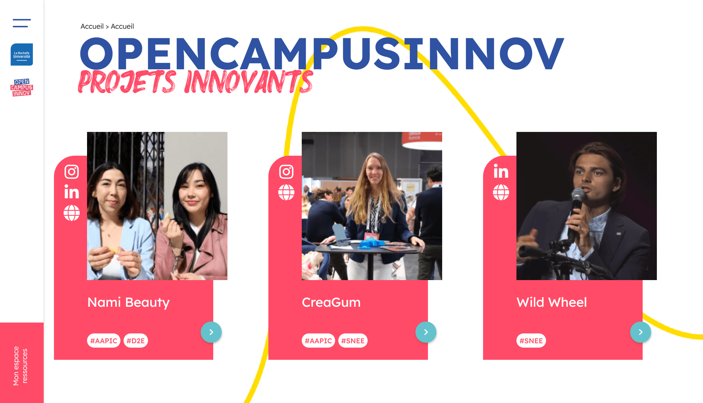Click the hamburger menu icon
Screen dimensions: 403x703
[x=22, y=23]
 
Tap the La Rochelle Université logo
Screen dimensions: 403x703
[x=22, y=55]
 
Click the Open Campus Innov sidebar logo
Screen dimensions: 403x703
[x=22, y=87]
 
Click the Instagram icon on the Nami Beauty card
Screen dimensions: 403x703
[x=72, y=172]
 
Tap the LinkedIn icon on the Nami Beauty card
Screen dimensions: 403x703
[x=72, y=192]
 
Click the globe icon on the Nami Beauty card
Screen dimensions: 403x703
[x=72, y=213]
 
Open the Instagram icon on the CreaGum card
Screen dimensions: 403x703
[x=286, y=172]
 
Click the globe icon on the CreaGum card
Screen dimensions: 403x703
[x=286, y=192]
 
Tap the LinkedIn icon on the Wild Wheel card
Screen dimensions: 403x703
[x=501, y=171]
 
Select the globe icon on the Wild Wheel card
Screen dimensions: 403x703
[x=501, y=192]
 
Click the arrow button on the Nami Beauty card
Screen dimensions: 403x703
[x=211, y=332]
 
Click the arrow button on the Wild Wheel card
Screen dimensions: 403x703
[x=641, y=332]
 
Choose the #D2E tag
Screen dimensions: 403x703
[x=136, y=341]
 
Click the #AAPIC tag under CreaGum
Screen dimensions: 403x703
[x=318, y=341]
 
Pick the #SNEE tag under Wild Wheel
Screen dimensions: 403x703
[x=531, y=341]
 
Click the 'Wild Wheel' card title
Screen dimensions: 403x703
[x=552, y=302]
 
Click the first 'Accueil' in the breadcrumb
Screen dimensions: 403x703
[x=92, y=26]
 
